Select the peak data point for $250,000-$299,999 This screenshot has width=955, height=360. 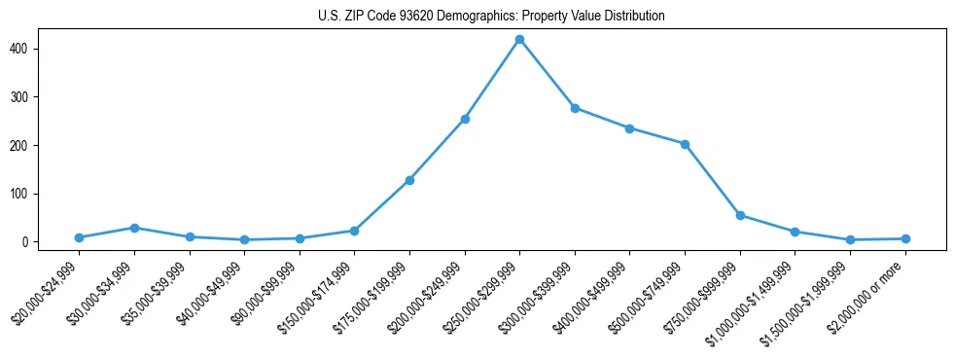pyautogui.click(x=519, y=40)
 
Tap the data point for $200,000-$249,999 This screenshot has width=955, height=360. pyautogui.click(x=465, y=119)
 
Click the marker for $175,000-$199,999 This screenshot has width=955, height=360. pyautogui.click(x=409, y=180)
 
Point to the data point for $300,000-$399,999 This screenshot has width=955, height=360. pyautogui.click(x=575, y=108)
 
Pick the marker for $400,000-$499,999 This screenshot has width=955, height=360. pyautogui.click(x=630, y=128)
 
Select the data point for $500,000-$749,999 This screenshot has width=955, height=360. pyautogui.click(x=685, y=144)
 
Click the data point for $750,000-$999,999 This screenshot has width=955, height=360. pyautogui.click(x=740, y=215)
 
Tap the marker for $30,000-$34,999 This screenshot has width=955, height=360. pyautogui.click(x=134, y=228)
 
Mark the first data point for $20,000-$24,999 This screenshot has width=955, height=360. pyautogui.click(x=79, y=237)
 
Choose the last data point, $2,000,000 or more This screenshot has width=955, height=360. pyautogui.click(x=905, y=238)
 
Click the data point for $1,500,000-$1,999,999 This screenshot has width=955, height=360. pyautogui.click(x=850, y=239)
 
